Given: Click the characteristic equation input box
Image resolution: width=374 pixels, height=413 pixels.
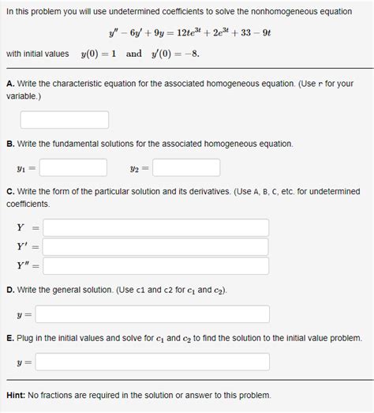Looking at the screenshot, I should point(65,120).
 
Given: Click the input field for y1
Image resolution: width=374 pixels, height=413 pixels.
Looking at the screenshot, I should point(73,167).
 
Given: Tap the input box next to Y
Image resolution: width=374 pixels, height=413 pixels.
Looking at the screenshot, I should point(156,227).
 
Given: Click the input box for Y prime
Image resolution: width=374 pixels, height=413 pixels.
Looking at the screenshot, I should point(156,246).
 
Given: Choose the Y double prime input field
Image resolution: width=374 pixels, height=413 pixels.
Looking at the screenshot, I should point(156,266).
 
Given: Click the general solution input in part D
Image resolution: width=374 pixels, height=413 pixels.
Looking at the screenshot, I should point(152,314).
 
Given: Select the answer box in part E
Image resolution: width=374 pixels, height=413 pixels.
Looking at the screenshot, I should point(152,362).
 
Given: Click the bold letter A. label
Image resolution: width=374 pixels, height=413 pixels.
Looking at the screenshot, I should point(9,84).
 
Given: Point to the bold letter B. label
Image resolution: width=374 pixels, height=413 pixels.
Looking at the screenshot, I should point(9,144).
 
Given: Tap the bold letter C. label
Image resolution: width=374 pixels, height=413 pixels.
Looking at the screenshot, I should point(9,191).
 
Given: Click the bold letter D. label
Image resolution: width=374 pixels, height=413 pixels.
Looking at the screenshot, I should point(9,290).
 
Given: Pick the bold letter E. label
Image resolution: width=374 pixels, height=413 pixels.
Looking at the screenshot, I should point(9,338).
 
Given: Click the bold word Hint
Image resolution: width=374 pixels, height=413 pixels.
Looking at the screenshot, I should point(17,395).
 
